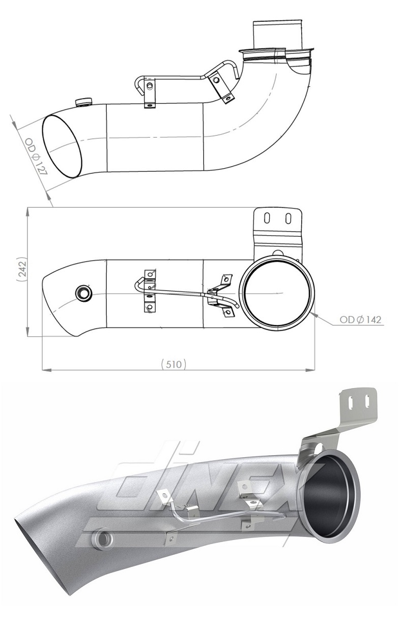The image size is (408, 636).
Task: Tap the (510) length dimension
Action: click(173, 364)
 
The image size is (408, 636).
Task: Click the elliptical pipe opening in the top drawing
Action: click(63, 146)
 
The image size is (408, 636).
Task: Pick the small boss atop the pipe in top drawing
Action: click(81, 103)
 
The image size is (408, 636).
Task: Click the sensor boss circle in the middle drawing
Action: click(82, 293)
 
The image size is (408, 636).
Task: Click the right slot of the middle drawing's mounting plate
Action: click(288, 218)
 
